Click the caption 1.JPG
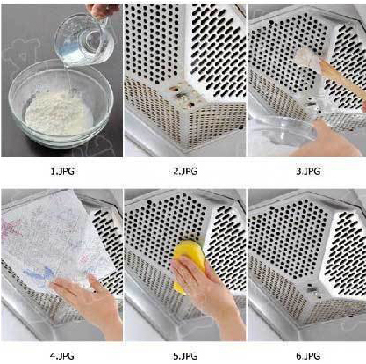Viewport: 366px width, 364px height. coord(62,171)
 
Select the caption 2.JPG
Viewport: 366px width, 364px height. coord(185,171)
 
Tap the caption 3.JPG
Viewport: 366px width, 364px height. coord(308,171)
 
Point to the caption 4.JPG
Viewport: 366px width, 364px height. coord(61,356)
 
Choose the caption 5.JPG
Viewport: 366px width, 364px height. coord(185,356)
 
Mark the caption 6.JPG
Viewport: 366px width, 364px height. coord(308,356)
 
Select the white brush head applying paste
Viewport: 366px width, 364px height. coord(308,59)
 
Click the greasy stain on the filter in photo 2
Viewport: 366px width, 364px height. coord(183,94)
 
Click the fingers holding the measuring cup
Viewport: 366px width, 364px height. coord(101,11)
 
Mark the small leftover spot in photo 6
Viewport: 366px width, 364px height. coord(312,288)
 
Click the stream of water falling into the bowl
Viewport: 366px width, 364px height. coord(68,81)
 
